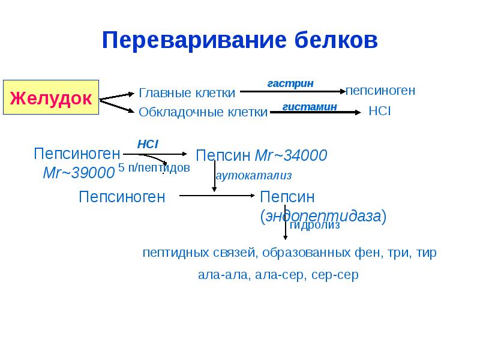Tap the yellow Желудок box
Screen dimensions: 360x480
point(50,97)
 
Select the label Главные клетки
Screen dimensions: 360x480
point(187,93)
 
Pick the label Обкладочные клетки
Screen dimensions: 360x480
point(203,112)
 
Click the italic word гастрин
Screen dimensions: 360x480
point(290,83)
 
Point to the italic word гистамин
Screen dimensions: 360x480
point(310,106)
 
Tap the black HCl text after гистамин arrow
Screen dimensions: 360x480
point(379,112)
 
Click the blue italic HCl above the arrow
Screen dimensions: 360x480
point(147,144)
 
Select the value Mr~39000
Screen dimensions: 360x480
point(79,173)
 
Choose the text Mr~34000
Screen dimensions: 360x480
point(291,155)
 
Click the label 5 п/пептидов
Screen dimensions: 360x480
point(154,168)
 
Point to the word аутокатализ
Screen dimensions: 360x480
point(253,176)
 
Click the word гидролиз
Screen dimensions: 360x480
point(315,226)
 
